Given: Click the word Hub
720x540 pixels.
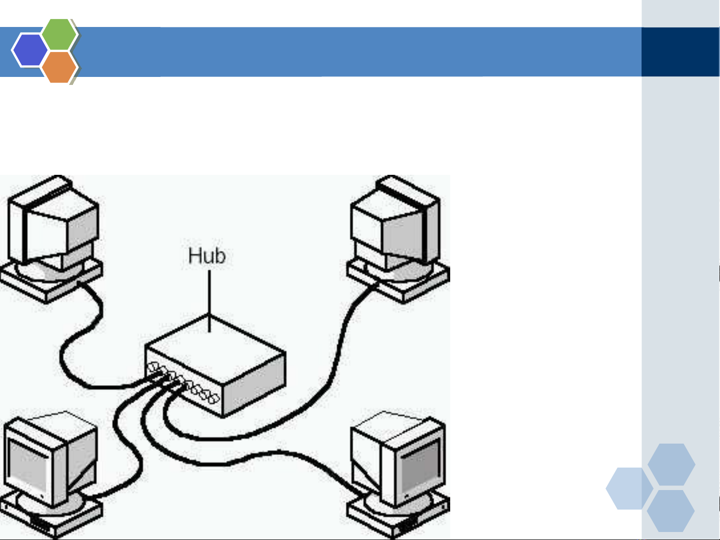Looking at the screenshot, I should [207, 256].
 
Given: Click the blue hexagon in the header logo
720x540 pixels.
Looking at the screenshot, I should [29, 50].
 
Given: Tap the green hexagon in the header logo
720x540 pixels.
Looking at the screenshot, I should [59, 34].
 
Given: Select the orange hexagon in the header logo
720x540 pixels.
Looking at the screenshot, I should [59, 66].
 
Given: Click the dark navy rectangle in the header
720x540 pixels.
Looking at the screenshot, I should [680, 52].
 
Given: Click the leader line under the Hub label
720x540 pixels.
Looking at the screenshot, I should [209, 300].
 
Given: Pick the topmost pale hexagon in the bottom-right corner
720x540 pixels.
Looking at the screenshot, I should [671, 464].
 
